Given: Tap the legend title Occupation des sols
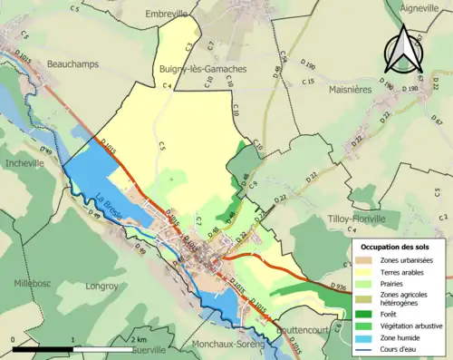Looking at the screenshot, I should click(x=395, y=247).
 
